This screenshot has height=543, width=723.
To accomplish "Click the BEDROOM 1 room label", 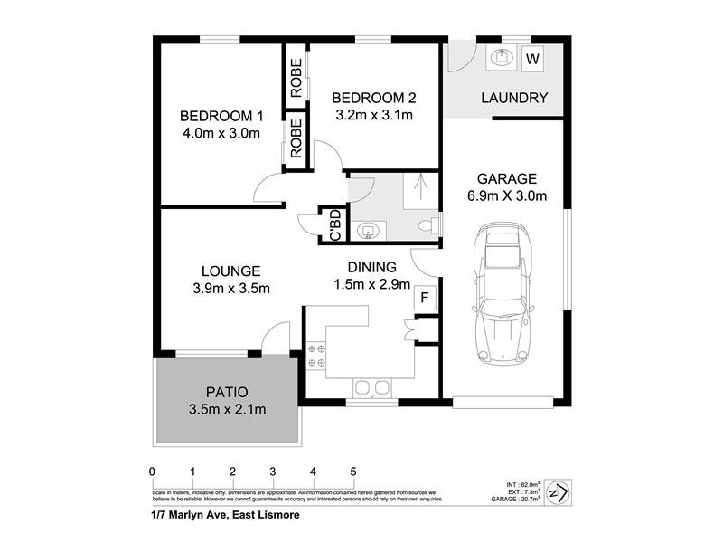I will (221, 116).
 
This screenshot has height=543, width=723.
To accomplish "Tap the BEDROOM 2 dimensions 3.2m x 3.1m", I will (373, 115).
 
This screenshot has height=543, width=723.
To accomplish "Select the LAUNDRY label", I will (514, 98).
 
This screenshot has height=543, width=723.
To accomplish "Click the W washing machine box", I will (532, 59).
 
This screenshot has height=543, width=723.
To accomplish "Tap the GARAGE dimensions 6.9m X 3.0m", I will (506, 196).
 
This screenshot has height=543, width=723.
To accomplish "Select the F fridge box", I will (424, 296).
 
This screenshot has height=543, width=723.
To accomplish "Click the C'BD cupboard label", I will (333, 225).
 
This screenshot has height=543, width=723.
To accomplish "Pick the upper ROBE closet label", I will (296, 78).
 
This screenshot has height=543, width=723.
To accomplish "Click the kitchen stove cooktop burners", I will (317, 354).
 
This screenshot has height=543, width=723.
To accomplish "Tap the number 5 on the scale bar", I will (353, 472).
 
